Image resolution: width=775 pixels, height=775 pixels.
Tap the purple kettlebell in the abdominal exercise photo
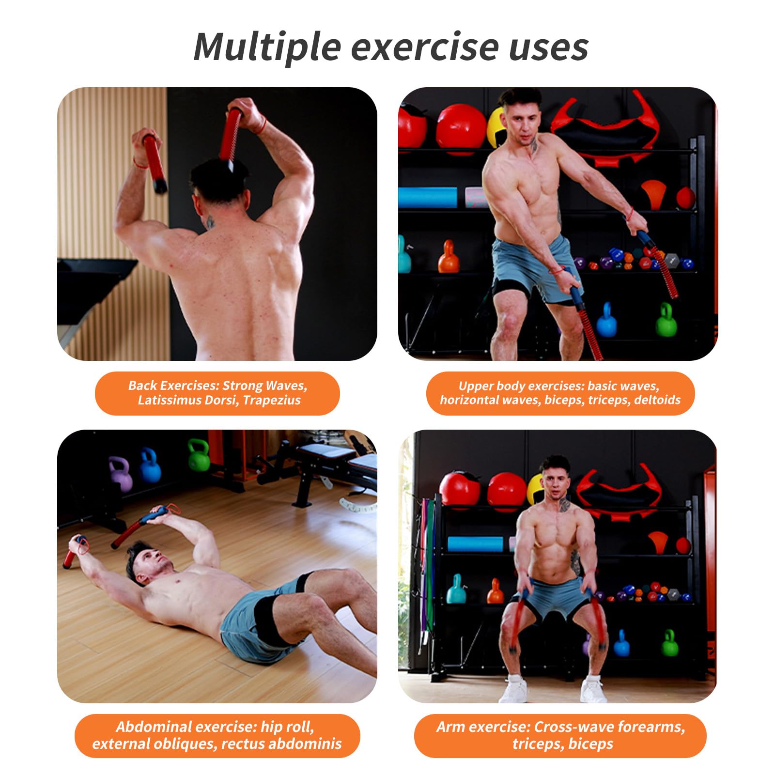click(120, 474)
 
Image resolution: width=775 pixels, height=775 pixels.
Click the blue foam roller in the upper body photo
click(428, 197)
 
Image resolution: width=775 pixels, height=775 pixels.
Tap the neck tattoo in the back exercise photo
click(210, 222)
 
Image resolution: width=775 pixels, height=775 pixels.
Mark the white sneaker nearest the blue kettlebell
click(593, 690)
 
